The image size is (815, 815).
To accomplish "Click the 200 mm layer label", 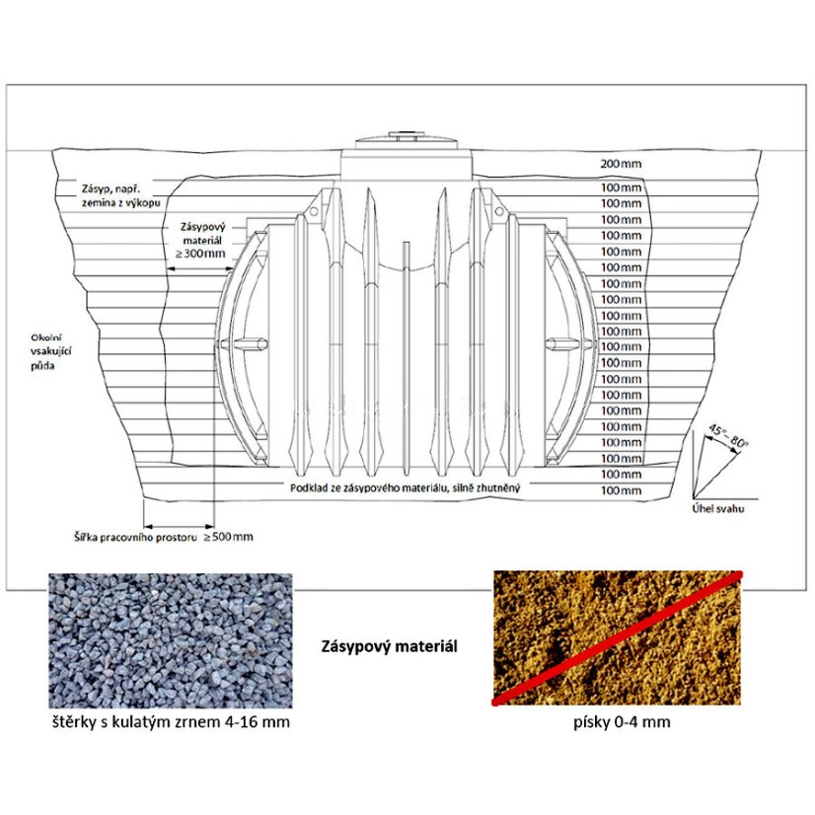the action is (x=621, y=164).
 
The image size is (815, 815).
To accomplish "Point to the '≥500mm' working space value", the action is (x=228, y=537).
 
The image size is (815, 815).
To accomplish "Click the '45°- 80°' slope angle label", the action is (x=728, y=436).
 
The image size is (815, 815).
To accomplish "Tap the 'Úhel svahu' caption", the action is (x=717, y=508).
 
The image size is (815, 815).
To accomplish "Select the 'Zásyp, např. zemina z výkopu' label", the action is (x=120, y=195).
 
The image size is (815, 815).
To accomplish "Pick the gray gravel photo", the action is (x=171, y=640).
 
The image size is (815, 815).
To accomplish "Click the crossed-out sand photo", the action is (x=617, y=637).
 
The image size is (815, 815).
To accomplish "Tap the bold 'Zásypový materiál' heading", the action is (x=390, y=646).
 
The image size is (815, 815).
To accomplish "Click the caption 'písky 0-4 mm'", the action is (x=622, y=722).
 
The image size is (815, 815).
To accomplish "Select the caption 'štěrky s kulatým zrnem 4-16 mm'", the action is (x=171, y=722).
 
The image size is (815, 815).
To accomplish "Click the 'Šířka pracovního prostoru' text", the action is (x=135, y=537).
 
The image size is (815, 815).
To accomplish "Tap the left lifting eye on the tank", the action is (x=314, y=211).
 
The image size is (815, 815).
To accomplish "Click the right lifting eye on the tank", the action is (x=499, y=211).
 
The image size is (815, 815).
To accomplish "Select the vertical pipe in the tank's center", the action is (x=407, y=358).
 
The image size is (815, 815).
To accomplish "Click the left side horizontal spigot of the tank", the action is (x=245, y=343).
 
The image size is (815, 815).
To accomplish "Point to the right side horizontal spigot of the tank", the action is (x=569, y=343).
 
